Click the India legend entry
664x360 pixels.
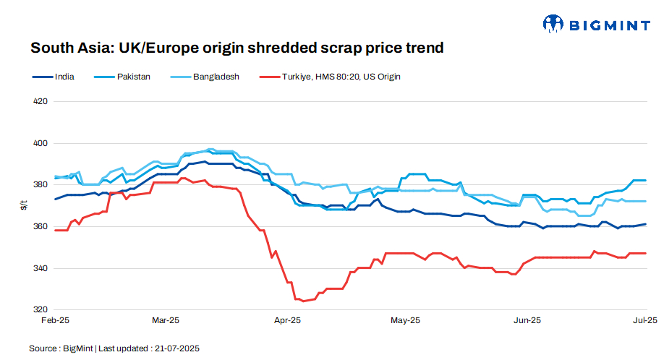click(54, 76)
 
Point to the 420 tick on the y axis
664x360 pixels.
click(41, 101)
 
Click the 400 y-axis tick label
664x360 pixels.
click(41, 143)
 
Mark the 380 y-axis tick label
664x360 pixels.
click(41, 185)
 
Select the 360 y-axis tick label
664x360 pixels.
click(41, 227)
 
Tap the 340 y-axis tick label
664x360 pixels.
click(41, 268)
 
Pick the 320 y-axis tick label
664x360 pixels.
click(41, 310)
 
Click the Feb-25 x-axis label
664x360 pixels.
click(54, 320)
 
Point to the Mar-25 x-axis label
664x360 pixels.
click(165, 320)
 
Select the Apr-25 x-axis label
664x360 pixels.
click(287, 320)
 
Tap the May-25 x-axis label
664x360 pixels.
click(405, 320)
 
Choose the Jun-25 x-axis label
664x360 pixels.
click(527, 320)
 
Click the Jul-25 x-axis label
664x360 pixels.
click(645, 320)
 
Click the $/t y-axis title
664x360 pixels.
click(24, 206)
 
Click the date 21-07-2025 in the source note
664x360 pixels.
click(176, 348)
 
